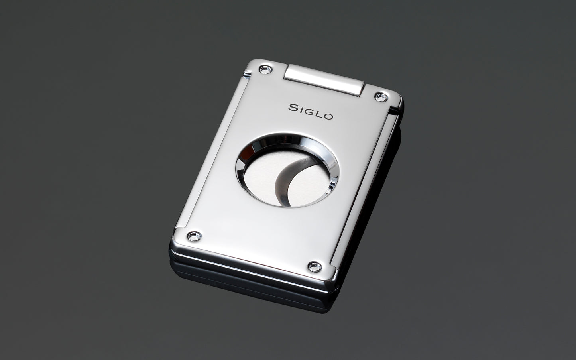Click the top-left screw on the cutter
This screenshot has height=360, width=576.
point(265,69)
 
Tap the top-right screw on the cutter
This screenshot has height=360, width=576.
point(381,97)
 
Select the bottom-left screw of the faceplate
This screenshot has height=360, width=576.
point(195,236)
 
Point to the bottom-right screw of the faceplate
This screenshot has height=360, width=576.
point(315,267)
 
